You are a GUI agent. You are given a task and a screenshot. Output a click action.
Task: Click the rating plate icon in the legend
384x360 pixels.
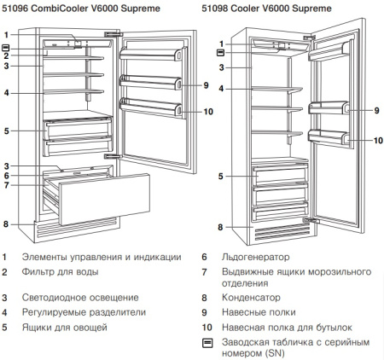click(x=206, y=342)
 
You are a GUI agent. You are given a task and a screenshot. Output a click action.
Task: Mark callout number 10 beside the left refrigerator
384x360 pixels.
click(x=208, y=111)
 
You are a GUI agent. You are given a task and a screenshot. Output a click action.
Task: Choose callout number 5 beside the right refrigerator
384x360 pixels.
click(x=220, y=176)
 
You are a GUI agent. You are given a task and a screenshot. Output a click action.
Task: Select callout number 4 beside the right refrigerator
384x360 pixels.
click(x=220, y=88)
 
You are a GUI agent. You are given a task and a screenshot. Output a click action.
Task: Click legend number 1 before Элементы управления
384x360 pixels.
click(x=5, y=256)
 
